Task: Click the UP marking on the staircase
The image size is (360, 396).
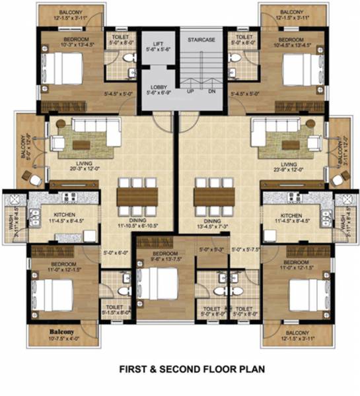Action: [x=191, y=91]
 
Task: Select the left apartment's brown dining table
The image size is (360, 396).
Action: [x=137, y=197]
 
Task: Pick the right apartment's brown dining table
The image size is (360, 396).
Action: [x=214, y=197]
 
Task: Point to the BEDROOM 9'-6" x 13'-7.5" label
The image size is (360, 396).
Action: [x=161, y=256]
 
